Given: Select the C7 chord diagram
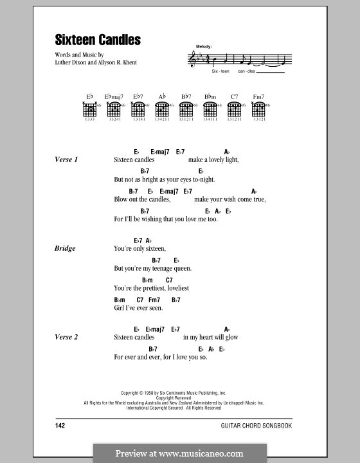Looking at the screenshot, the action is (x=234, y=110).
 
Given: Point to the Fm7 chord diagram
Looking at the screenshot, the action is (x=259, y=110).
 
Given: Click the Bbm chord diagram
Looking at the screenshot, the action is (x=210, y=110).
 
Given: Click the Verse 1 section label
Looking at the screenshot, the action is (x=67, y=159).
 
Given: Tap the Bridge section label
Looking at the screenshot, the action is (x=65, y=248).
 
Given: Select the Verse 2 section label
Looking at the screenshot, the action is (x=67, y=337).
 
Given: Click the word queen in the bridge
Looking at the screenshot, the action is (x=181, y=268).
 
